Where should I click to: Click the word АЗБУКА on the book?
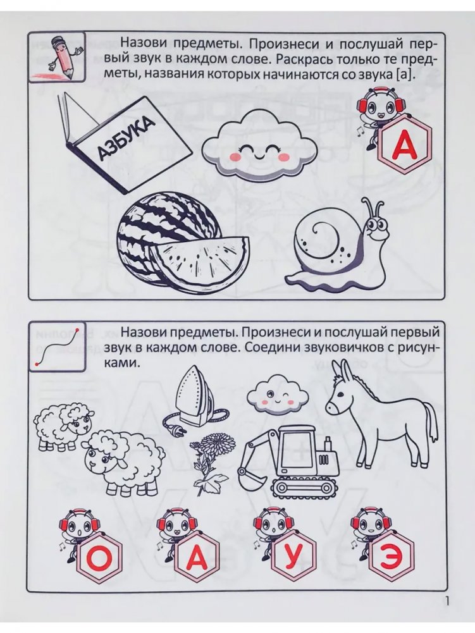[125, 137]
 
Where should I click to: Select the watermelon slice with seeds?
[200, 262]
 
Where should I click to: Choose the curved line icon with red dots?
[57, 345]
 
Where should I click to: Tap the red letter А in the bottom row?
[196, 558]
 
